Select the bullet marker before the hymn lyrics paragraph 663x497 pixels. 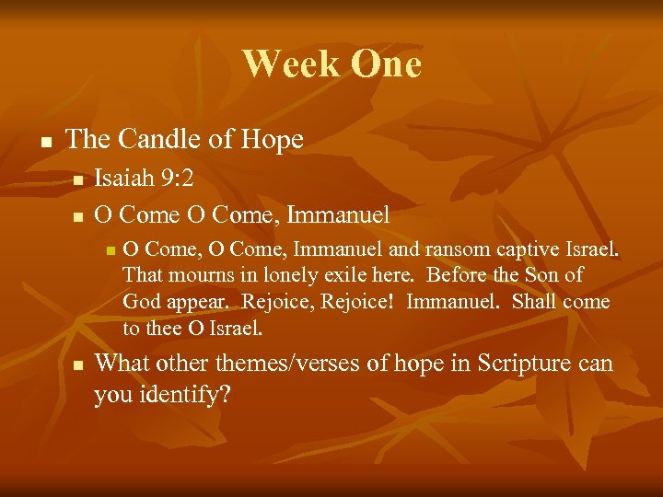click(x=109, y=250)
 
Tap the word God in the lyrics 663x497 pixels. click(x=140, y=302)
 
